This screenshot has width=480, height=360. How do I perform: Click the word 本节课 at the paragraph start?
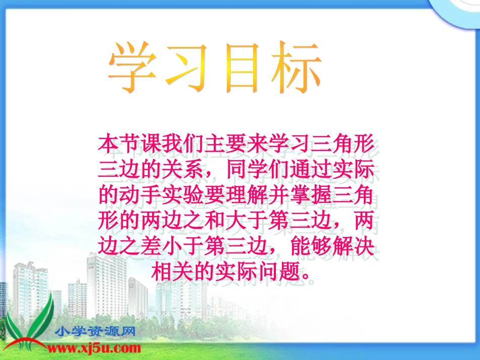coord(130,144)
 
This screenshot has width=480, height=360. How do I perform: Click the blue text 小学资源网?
coord(96,332)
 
